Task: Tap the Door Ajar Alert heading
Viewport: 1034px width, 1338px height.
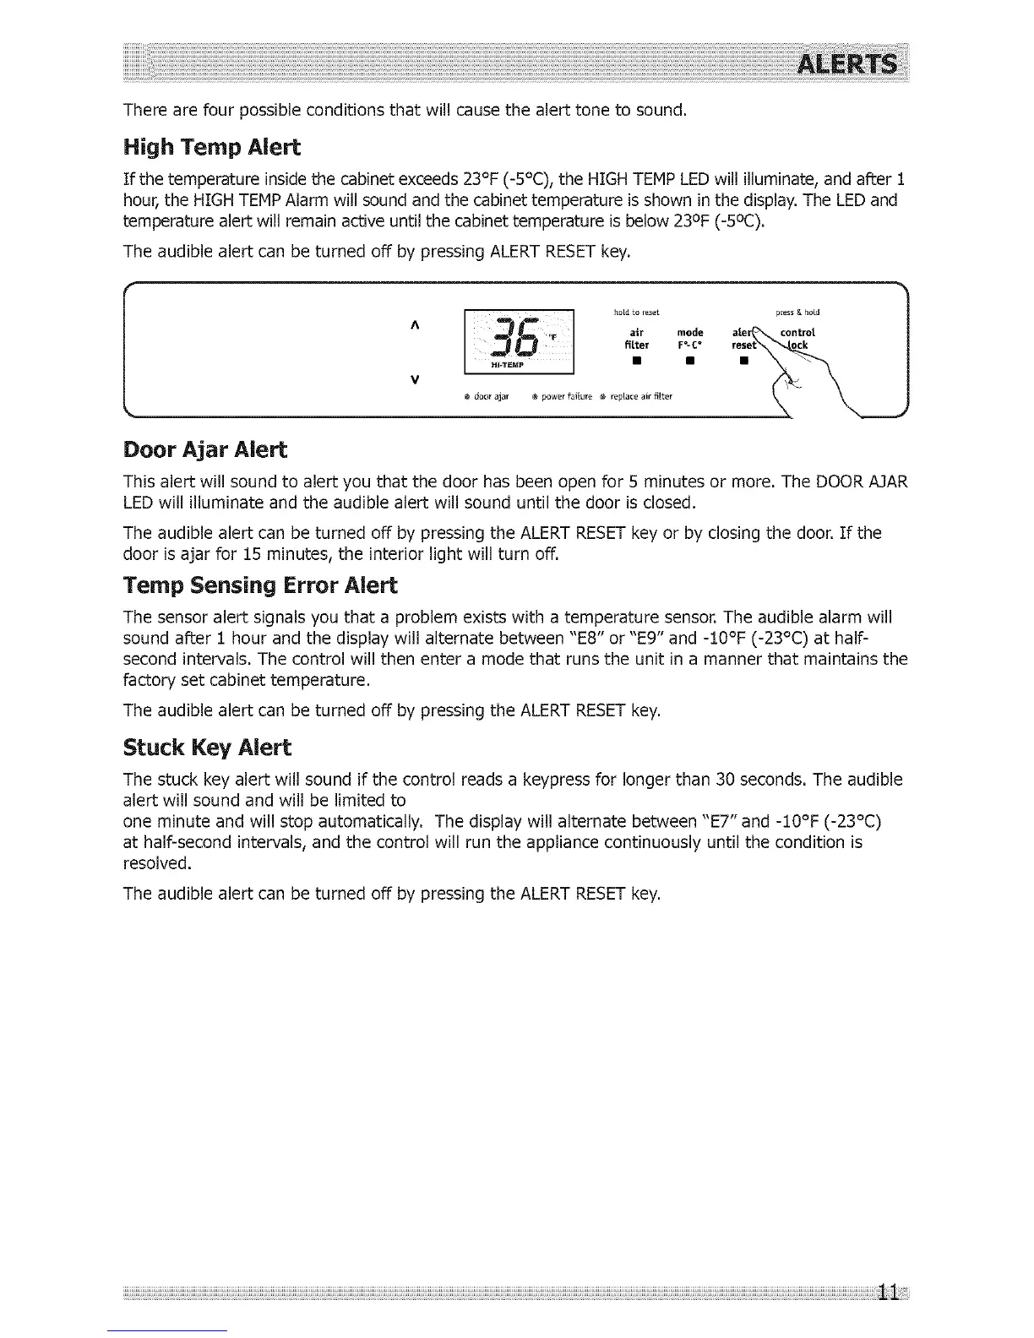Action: (x=205, y=449)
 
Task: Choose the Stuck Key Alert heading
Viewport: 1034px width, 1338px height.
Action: (x=208, y=748)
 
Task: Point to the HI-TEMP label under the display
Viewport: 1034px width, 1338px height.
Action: (x=507, y=366)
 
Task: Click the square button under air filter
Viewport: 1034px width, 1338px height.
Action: (x=637, y=364)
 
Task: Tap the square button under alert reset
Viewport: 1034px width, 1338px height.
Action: (x=743, y=364)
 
